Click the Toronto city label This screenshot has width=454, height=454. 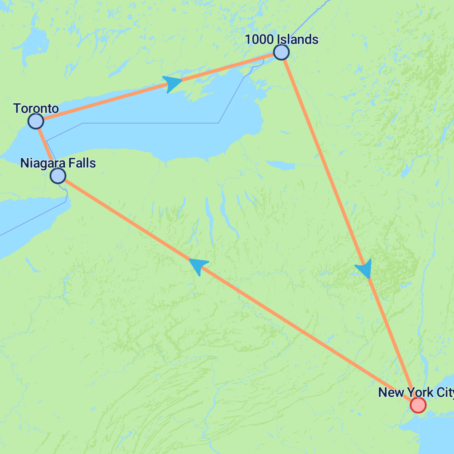click(x=36, y=108)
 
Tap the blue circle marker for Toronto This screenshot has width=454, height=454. click(x=35, y=121)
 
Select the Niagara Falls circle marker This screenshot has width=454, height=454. click(x=58, y=176)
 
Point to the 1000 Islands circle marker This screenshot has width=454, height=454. click(x=281, y=52)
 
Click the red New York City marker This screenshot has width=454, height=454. click(x=418, y=405)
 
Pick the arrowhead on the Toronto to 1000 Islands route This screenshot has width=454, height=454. click(x=172, y=82)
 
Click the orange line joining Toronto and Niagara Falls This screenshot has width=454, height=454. click(x=46, y=148)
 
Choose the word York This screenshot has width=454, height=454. click(x=416, y=392)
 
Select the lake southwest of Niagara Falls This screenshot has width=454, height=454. click(x=27, y=222)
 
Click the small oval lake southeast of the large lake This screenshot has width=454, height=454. click(x=281, y=165)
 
